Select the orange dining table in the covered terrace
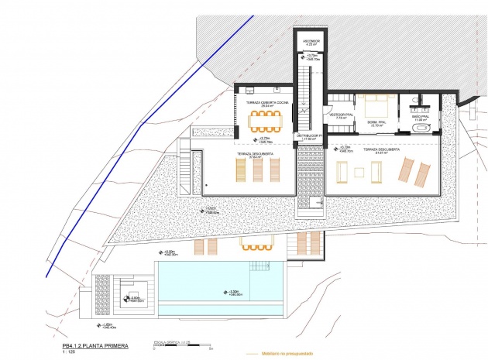click(x=266, y=120)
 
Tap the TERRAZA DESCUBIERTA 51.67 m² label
click(x=380, y=150)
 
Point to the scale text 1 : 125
click(x=74, y=353)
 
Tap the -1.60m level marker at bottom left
click(x=108, y=324)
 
